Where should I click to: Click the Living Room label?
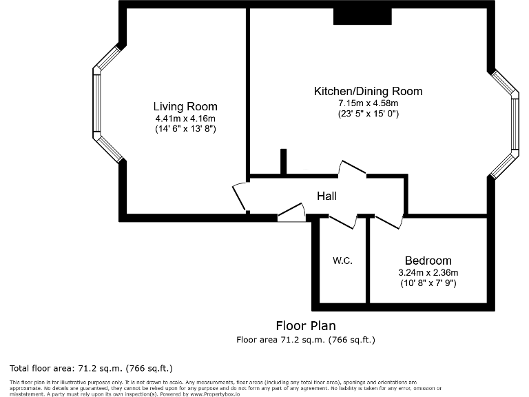click(x=185, y=107)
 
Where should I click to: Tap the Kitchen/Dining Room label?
click(x=368, y=92)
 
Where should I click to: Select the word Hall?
click(x=326, y=196)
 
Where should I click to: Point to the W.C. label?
click(x=342, y=261)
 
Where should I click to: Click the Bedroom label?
click(x=428, y=261)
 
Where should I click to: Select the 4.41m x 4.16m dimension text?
click(x=185, y=119)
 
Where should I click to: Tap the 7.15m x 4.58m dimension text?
click(x=368, y=103)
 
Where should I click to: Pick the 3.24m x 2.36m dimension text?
click(x=428, y=272)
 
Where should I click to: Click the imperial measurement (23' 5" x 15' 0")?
click(x=368, y=114)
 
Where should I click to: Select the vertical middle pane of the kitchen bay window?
click(x=515, y=123)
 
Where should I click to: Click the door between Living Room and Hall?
click(x=239, y=198)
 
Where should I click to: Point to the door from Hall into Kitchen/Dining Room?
click(x=352, y=169)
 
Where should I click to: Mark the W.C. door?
click(x=342, y=221)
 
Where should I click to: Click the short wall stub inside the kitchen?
click(x=282, y=162)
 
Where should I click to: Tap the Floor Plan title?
click(x=306, y=326)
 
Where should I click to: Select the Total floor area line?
click(x=91, y=368)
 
